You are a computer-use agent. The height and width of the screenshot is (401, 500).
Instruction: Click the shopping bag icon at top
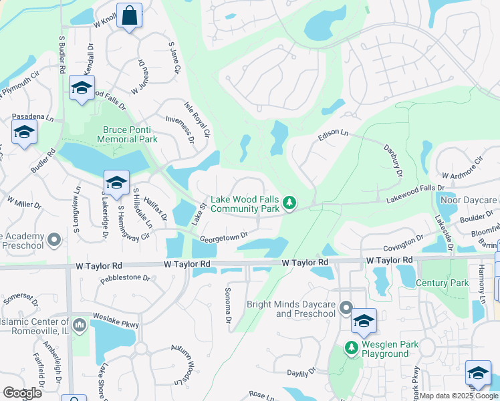[x=129, y=15]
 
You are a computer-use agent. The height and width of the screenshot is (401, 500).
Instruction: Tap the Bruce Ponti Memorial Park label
[x=127, y=134]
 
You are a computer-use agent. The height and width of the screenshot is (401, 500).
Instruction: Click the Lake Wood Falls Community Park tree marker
[x=289, y=201]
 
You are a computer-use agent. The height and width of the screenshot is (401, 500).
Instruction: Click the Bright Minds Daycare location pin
[x=346, y=308]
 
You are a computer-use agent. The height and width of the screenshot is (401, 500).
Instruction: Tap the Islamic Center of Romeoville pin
[x=80, y=325]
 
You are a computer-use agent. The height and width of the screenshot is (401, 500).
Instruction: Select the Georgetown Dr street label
[x=224, y=237]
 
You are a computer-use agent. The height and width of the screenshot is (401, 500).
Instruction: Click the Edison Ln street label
[x=334, y=134]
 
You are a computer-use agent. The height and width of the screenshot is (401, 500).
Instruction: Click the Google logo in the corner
[x=22, y=393]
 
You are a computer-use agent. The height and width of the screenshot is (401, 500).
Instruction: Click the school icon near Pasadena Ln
[x=24, y=131]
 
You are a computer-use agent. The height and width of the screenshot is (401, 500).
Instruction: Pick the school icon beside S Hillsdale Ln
[x=116, y=182]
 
